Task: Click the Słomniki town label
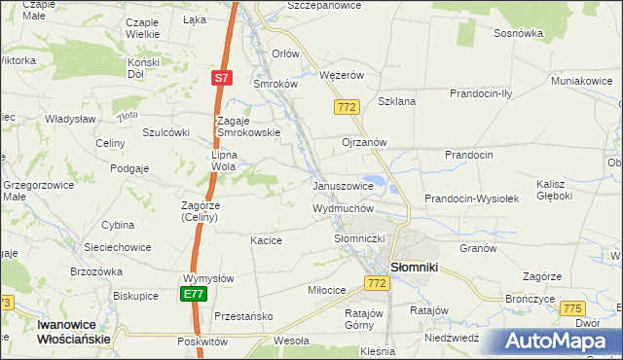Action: click(419, 266)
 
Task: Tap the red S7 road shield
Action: click(222, 77)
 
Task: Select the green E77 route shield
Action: click(193, 294)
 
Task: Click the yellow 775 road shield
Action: click(572, 308)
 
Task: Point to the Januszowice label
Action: click(342, 186)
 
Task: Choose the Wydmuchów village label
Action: click(343, 208)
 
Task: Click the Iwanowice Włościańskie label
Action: click(59, 332)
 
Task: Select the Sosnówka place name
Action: click(518, 32)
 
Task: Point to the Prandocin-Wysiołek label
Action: click(472, 198)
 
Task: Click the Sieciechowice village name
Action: click(95, 248)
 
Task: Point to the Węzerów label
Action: click(342, 74)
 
